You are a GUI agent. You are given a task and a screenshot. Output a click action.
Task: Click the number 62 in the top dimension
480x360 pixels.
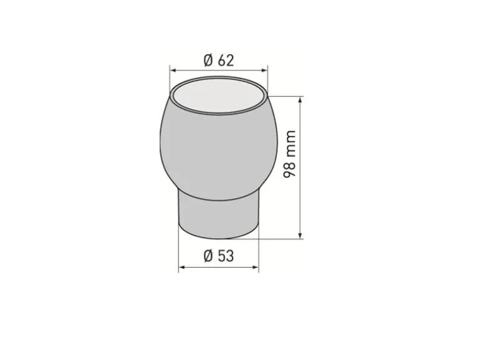click(x=226, y=60)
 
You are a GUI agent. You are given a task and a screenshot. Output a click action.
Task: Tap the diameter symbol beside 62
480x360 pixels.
click(x=208, y=60)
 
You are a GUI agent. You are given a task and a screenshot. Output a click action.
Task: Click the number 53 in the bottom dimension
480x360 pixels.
click(x=226, y=256)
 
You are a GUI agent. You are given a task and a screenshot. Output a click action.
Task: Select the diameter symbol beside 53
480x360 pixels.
click(x=208, y=256)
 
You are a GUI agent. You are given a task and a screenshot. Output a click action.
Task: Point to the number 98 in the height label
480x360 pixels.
click(x=289, y=169)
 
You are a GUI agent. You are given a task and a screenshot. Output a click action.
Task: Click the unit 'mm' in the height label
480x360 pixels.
click(x=289, y=143)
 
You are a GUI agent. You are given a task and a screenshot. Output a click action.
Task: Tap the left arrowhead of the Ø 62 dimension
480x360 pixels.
click(x=173, y=70)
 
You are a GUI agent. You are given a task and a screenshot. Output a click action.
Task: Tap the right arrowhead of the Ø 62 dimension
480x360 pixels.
click(x=264, y=70)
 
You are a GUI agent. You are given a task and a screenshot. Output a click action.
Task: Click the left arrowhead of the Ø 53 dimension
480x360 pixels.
click(x=182, y=267)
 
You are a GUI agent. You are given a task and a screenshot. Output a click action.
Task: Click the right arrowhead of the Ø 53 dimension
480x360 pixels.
click(x=255, y=267)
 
